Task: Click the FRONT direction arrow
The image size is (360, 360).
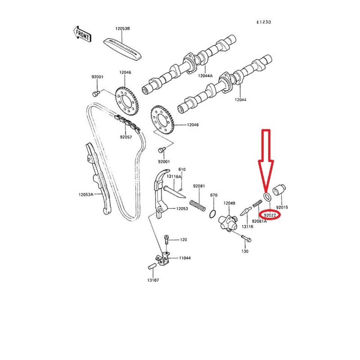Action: click(82, 34)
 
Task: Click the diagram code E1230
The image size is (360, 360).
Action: click(264, 22)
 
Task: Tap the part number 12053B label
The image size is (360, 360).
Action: click(122, 28)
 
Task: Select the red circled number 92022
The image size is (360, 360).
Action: click(270, 215)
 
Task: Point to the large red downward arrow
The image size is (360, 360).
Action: click(266, 161)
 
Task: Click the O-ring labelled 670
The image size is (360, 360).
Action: click(213, 214)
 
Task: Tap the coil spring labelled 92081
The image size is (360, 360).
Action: click(198, 205)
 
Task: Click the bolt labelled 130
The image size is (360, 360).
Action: click(246, 238)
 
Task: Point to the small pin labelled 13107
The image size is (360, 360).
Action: click(152, 266)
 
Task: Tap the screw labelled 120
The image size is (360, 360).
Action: click(166, 240)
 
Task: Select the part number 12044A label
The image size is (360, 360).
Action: click(205, 75)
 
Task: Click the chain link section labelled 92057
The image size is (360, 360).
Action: click(127, 123)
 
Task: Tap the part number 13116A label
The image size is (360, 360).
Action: click(174, 176)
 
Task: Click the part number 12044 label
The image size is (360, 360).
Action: click(240, 100)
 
